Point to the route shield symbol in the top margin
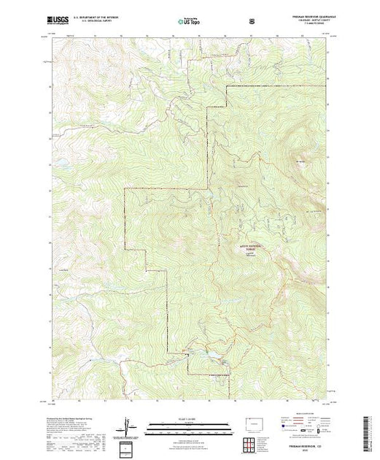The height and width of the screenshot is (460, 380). [x=252, y=22]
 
